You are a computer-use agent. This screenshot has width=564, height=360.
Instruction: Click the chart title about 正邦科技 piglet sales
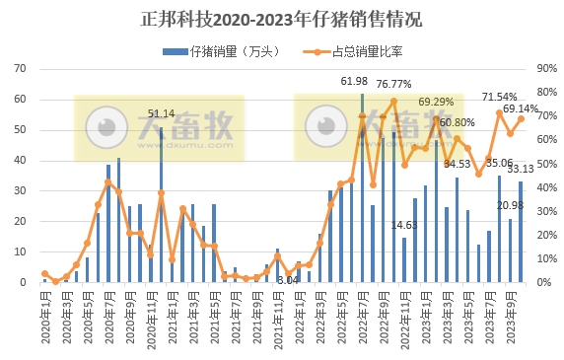[x=282, y=18]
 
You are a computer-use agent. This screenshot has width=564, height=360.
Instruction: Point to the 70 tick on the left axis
[x=19, y=69]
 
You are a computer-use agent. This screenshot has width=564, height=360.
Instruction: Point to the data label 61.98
[x=355, y=81]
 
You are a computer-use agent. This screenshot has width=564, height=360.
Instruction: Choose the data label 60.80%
[x=458, y=122]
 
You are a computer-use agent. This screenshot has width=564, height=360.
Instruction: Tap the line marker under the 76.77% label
[x=393, y=101]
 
